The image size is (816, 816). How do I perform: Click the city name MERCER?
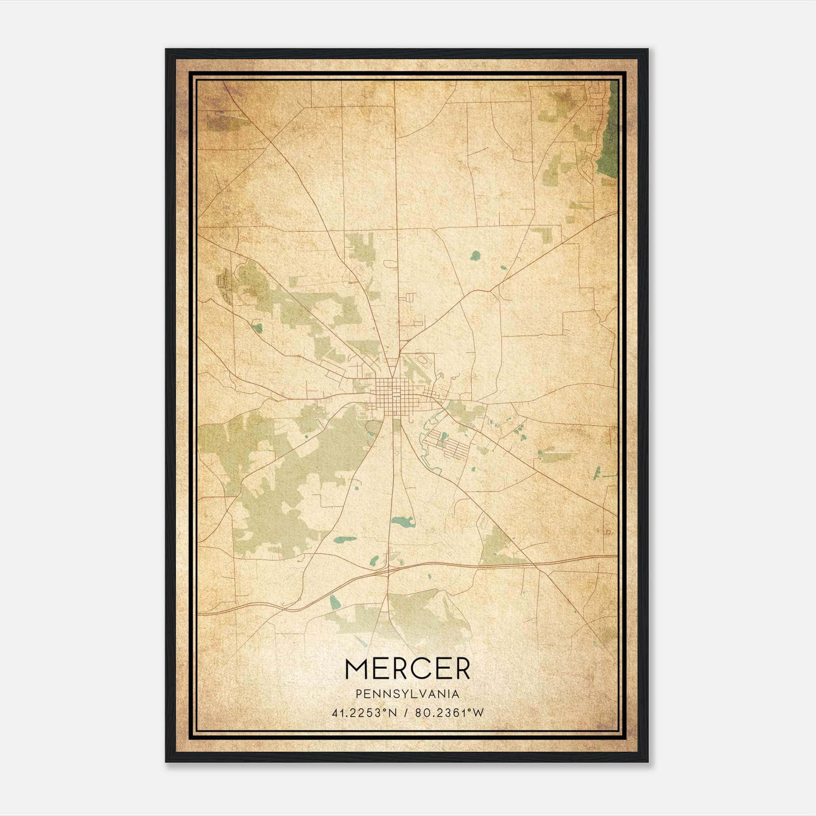407,669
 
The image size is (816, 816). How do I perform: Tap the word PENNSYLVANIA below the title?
407,694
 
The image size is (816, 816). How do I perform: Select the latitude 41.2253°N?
364,713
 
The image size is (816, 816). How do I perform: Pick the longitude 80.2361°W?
449,713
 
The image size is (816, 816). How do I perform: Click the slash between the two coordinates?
406,713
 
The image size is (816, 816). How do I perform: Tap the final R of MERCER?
462,669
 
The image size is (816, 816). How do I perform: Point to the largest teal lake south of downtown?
402,522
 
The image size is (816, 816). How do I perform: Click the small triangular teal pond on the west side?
258,328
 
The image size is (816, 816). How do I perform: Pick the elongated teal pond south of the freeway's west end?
335,602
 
